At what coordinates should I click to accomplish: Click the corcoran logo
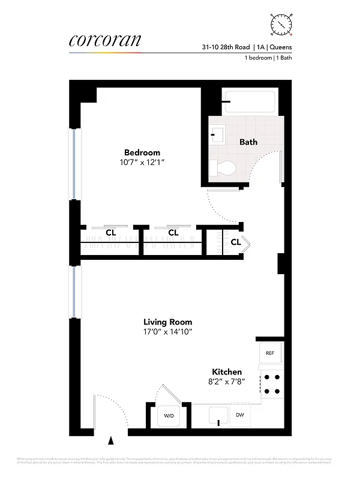[x=105, y=40]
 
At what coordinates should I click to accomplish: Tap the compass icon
[x=281, y=23]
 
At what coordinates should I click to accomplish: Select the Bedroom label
[x=142, y=152]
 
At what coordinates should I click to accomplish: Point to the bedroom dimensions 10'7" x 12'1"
[x=142, y=162]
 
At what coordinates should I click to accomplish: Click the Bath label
[x=248, y=142]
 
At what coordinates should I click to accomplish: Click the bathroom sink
[x=216, y=133]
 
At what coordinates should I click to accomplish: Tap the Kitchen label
[x=227, y=372]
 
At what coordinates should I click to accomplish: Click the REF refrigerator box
[x=270, y=353]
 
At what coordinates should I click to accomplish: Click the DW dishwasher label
[x=240, y=415]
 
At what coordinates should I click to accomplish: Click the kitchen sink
[x=217, y=415]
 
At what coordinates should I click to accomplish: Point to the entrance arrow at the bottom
[x=110, y=442]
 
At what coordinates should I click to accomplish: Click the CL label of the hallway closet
[x=236, y=242]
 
